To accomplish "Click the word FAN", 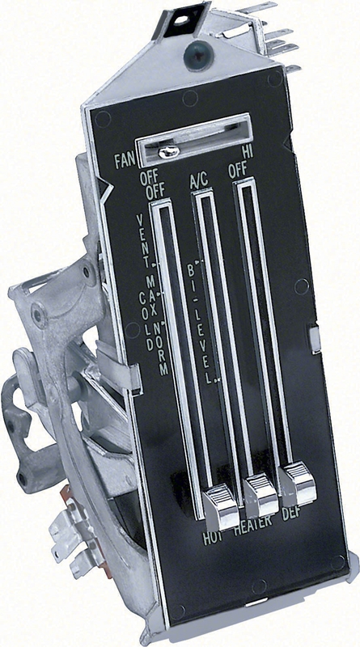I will coord(124,160).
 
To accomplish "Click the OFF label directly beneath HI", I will coord(237,171).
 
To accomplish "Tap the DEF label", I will coord(301,518).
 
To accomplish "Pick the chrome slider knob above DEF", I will coord(296,483).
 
